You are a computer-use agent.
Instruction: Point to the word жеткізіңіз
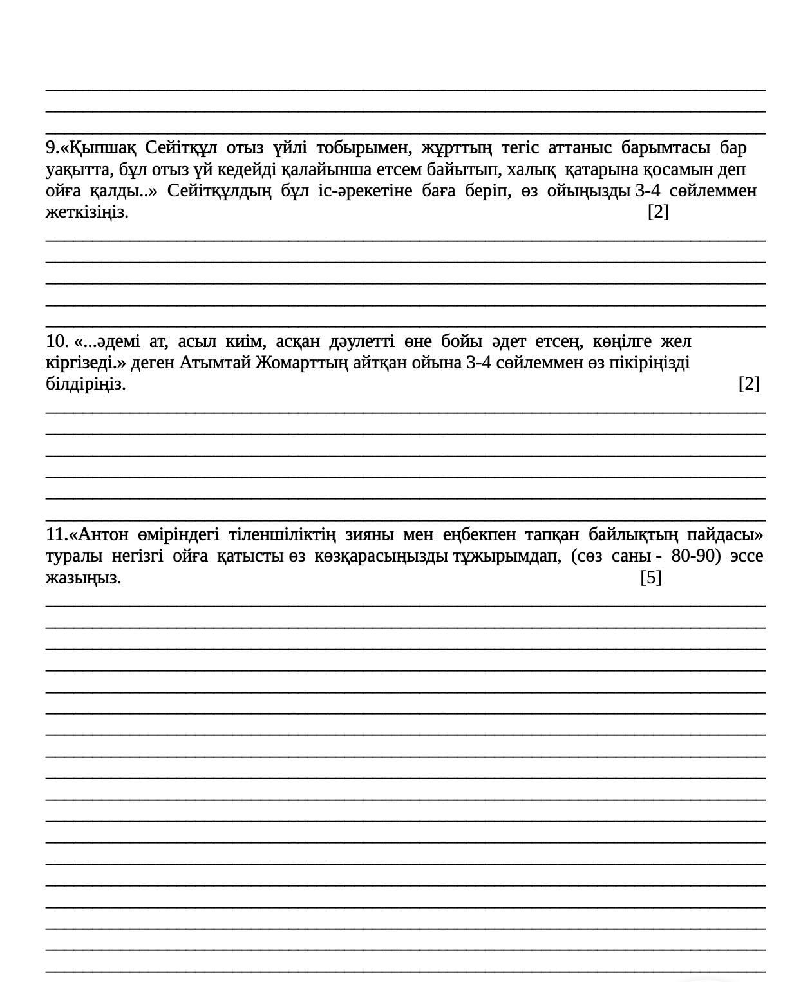(x=87, y=212)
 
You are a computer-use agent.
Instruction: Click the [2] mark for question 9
(x=658, y=212)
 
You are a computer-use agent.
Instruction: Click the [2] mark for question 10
(x=749, y=384)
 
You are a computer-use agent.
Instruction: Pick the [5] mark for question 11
(x=651, y=578)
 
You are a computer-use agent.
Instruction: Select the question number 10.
(x=57, y=341)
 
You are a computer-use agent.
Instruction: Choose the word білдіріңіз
(x=86, y=384)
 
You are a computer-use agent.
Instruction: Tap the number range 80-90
(x=695, y=556)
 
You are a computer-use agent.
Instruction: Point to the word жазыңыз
(x=83, y=578)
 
